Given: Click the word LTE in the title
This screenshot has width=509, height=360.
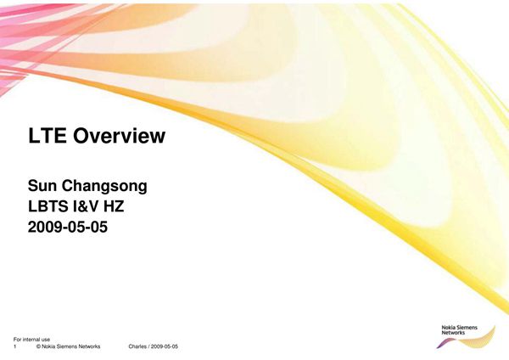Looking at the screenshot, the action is [x=47, y=136].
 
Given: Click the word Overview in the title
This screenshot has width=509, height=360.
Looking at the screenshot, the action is [x=119, y=136].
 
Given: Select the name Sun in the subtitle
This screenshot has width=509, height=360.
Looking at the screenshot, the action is [x=42, y=186].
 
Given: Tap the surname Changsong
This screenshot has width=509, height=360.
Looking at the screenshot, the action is [x=104, y=187].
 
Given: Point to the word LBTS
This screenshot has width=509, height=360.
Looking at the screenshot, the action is [x=48, y=206].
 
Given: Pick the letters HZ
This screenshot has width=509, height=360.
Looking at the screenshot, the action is [x=114, y=206].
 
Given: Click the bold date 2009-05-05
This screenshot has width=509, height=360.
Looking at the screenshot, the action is [x=68, y=227].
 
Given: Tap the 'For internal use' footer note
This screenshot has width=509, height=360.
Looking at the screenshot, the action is [x=32, y=340].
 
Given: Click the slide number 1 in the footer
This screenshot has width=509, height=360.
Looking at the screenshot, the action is [x=15, y=346].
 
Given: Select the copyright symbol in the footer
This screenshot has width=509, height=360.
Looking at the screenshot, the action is [x=38, y=346].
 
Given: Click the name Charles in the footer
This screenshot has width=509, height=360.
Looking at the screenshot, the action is [x=137, y=346].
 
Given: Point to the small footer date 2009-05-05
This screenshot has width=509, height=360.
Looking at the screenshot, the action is [x=165, y=346].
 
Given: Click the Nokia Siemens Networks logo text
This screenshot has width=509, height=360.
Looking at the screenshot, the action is [x=459, y=329].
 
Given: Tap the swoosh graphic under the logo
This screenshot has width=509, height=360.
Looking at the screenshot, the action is [x=467, y=340].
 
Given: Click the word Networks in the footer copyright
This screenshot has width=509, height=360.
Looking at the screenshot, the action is [x=90, y=346].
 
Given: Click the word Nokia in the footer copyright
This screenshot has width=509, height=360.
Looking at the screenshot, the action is [x=48, y=346].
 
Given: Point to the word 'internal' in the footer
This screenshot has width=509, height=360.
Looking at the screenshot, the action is [x=31, y=340].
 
